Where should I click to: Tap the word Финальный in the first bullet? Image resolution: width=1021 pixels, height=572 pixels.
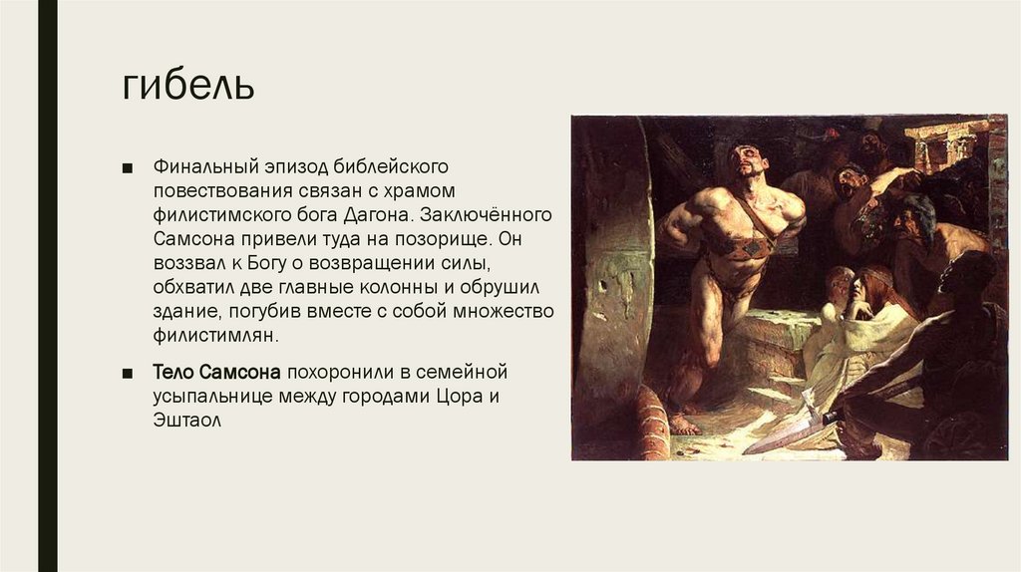[196, 164]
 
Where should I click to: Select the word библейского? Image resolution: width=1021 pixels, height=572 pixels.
[390, 164]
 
